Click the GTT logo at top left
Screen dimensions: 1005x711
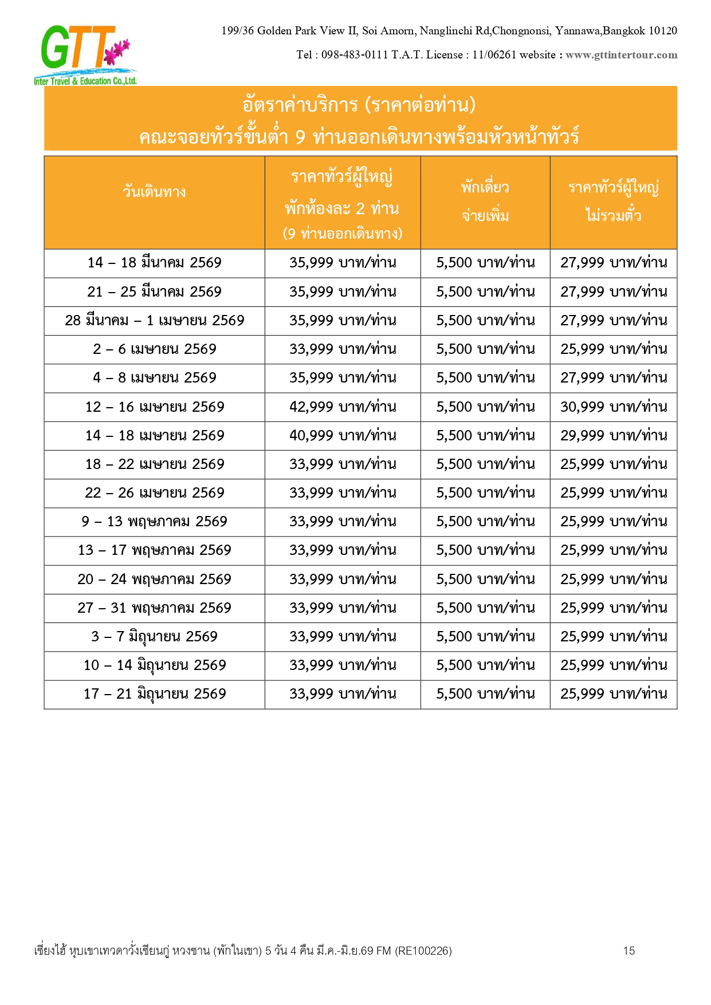pos(85,54)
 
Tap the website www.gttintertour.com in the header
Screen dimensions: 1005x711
pos(621,55)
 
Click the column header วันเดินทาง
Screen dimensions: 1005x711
pos(154,191)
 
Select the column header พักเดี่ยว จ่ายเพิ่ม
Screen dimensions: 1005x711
pos(485,201)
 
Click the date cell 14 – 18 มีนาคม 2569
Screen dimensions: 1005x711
pos(154,263)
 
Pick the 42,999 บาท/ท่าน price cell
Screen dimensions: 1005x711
pos(343,407)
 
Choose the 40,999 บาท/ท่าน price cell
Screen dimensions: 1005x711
pos(343,436)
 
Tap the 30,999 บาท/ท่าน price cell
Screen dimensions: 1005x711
pos(614,407)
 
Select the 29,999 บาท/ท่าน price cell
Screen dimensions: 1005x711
pos(614,436)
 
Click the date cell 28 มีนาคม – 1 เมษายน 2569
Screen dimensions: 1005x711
pos(154,321)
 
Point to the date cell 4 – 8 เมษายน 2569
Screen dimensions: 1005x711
pos(154,378)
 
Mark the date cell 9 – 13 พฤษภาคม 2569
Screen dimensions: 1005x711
pos(154,522)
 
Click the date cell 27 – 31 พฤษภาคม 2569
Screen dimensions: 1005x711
pos(154,608)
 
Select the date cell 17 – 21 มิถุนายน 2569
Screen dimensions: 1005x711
pos(154,694)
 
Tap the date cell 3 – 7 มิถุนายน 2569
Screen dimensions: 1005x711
pos(154,637)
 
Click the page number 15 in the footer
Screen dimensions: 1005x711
pos(628,951)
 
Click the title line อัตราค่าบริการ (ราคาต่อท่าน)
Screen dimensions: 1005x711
pos(359,105)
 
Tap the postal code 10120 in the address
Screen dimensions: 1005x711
pos(662,31)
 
